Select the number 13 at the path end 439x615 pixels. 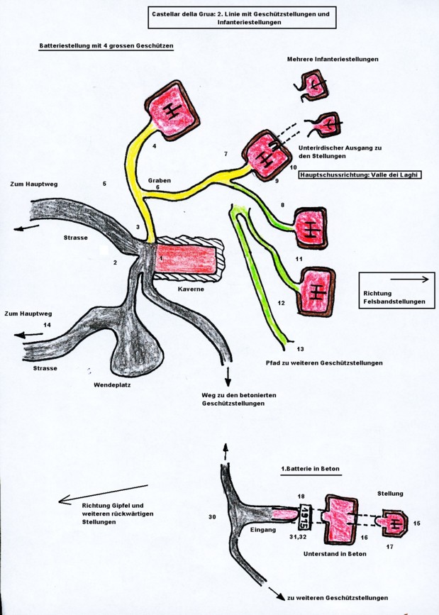coord(300,349)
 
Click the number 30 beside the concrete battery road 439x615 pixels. coord(211,516)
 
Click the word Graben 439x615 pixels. coord(160,180)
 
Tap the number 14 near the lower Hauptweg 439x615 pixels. coord(48,325)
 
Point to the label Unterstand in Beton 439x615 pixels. coord(335,553)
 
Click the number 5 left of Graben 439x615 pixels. coord(104,184)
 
